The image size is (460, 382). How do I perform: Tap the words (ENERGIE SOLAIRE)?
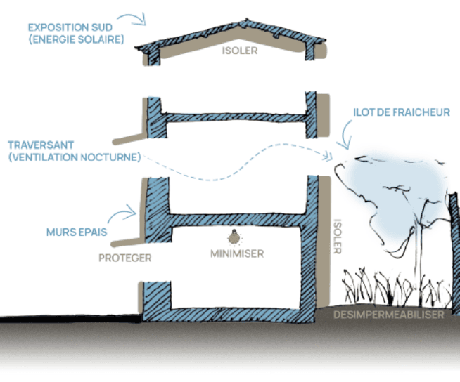(76, 40)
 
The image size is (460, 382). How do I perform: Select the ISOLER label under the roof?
(240, 51)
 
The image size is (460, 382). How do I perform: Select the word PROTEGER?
(125, 258)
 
